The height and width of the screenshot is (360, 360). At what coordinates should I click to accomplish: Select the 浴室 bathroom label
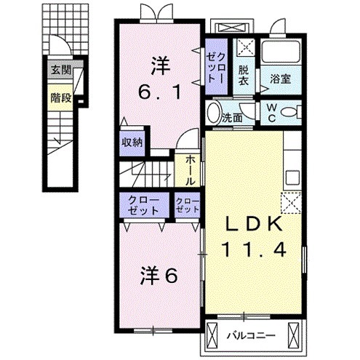coord(281,79)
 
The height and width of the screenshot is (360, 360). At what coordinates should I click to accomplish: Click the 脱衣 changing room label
coord(245,75)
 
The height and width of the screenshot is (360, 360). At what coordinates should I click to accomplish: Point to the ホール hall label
coord(190,169)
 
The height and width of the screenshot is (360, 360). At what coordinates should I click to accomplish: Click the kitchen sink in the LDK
coord(293,176)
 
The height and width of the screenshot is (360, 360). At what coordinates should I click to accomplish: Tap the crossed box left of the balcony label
coord(212,335)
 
